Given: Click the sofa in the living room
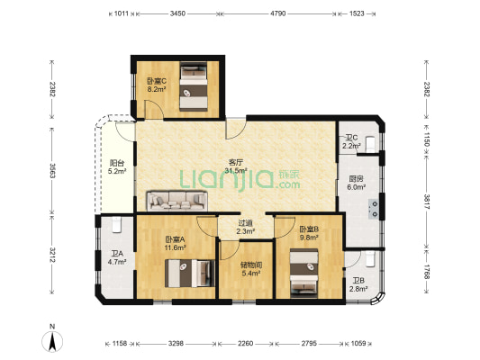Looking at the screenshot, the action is pyautogui.click(x=177, y=201).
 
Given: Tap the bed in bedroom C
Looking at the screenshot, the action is pyautogui.click(x=193, y=86).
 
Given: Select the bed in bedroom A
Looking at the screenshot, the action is pyautogui.click(x=190, y=273).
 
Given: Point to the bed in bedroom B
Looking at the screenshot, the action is pyautogui.click(x=304, y=273).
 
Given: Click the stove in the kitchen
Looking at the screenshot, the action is pyautogui.click(x=374, y=209).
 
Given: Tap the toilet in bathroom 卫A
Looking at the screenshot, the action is pyautogui.click(x=117, y=224).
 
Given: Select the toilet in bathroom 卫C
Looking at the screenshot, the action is pyautogui.click(x=370, y=144).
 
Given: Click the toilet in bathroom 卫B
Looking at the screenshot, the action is pyautogui.click(x=370, y=259).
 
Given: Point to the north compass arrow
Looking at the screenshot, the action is pyautogui.click(x=52, y=341).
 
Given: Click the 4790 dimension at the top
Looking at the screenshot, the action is pyautogui.click(x=278, y=13).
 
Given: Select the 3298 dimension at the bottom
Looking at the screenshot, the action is pyautogui.click(x=176, y=344).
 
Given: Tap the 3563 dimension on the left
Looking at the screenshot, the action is pyautogui.click(x=52, y=171).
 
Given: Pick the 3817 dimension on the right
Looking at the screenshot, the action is pyautogui.click(x=427, y=202).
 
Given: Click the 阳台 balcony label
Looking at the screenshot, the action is pyautogui.click(x=117, y=163).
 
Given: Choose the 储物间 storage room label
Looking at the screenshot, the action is pyautogui.click(x=251, y=265).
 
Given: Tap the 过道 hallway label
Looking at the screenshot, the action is pyautogui.click(x=246, y=223).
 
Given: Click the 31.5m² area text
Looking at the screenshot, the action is pyautogui.click(x=236, y=170).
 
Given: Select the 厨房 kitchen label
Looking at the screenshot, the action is pyautogui.click(x=356, y=179).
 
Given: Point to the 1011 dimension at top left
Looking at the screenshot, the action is pyautogui.click(x=122, y=13).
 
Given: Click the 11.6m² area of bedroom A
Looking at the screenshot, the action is pyautogui.click(x=175, y=247).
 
